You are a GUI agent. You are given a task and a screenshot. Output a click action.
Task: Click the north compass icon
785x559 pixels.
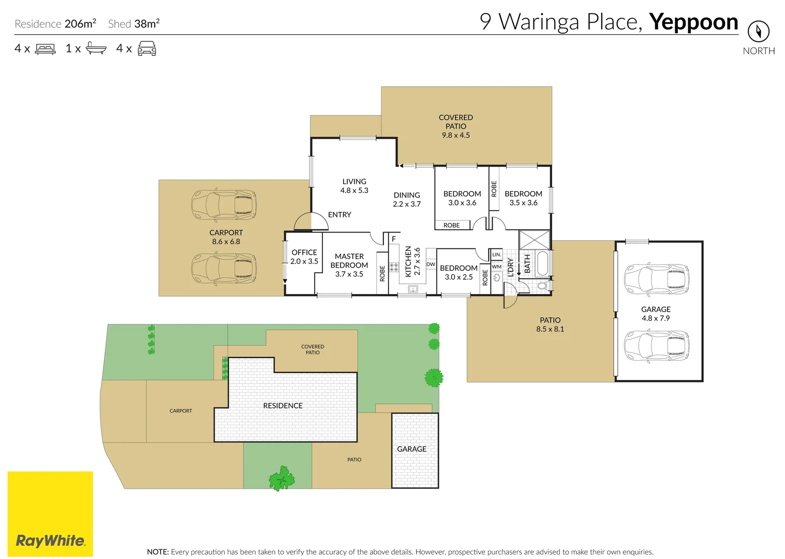click(759, 32)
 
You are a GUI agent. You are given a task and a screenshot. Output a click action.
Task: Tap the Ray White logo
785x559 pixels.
click(50, 514)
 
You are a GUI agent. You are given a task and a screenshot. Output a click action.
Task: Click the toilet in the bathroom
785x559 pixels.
click(543, 286)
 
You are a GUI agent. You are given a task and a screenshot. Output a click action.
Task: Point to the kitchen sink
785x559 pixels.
click(413, 289)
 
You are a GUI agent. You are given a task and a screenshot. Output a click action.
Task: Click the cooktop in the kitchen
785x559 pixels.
click(394, 268)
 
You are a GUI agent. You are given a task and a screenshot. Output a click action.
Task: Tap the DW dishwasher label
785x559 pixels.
click(431, 264)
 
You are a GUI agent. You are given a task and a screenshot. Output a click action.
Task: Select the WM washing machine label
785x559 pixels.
click(497, 267)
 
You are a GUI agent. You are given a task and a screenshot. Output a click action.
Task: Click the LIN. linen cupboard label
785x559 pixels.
click(497, 255)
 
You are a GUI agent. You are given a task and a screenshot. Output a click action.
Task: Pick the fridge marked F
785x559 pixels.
click(394, 239)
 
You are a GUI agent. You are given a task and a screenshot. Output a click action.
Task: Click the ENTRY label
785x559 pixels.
click(339, 214)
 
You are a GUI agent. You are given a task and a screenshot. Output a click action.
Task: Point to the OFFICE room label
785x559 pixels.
click(304, 253)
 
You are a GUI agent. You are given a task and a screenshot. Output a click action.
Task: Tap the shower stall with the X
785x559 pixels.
click(534, 240)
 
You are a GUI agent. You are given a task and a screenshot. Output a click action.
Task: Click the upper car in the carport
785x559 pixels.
click(224, 205)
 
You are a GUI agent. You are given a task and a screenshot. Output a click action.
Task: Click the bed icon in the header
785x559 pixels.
click(45, 49)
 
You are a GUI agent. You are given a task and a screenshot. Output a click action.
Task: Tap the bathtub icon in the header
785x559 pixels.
click(96, 48)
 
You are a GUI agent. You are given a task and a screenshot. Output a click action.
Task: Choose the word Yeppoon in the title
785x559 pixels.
click(693, 22)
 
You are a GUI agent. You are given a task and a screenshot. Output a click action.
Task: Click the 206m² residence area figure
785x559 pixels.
click(80, 23)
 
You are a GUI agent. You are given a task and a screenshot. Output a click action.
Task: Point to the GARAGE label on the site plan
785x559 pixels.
click(411, 449)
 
